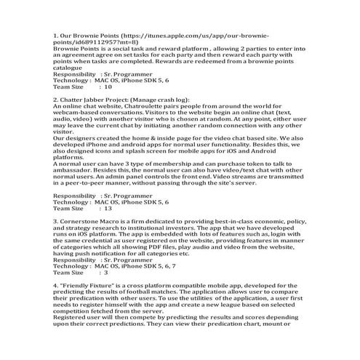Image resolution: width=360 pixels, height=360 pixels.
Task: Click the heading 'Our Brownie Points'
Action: click(91, 35)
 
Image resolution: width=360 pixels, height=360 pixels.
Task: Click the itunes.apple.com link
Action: click(196, 35)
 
